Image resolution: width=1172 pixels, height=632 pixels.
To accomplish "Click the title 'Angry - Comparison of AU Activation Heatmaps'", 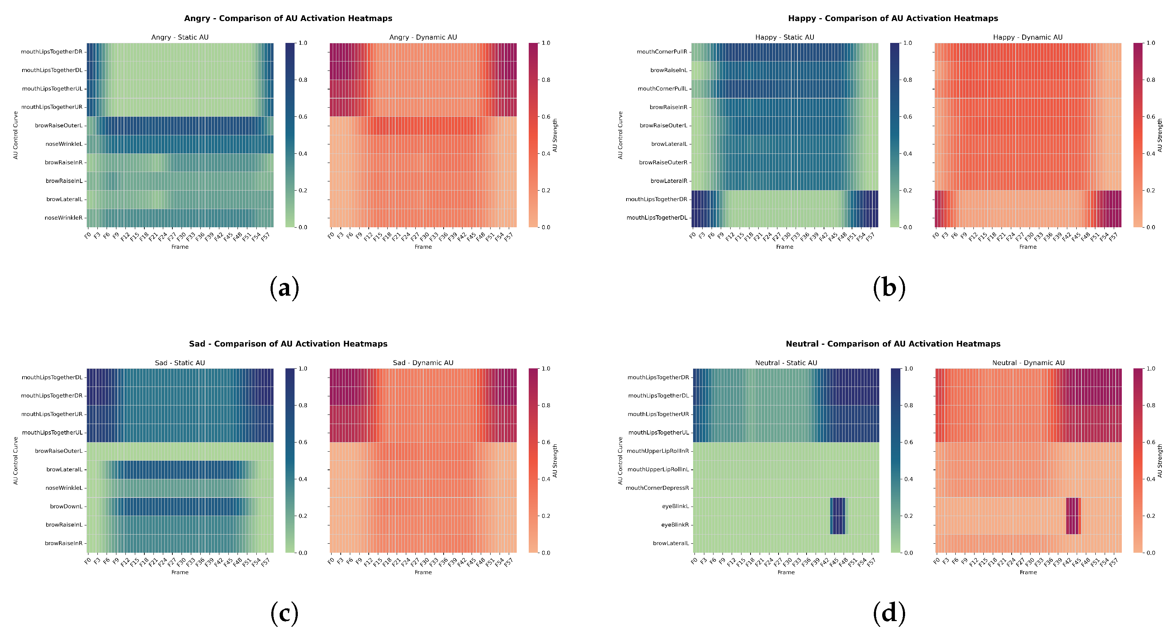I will pos(288,18).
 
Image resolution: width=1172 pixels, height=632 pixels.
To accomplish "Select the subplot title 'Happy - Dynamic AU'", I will pos(1027,37).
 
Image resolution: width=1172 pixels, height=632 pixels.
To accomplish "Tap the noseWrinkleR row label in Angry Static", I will pos(64,218).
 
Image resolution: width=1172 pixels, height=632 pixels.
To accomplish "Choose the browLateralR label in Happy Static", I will pos(668,181).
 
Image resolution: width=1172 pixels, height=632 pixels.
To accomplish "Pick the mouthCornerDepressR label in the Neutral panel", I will pos(657,488).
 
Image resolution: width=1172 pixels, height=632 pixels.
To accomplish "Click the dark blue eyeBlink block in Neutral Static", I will pos(837,516).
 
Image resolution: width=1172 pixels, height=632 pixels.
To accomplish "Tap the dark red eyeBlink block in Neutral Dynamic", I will pos(1072,516).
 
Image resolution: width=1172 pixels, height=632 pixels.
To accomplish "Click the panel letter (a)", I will pos(284,288).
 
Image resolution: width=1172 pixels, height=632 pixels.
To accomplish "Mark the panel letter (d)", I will pos(889,613).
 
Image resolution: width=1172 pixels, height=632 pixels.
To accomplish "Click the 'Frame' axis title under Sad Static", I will pos(180,572).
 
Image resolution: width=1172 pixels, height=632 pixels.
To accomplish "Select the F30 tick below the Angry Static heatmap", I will pos(181,237).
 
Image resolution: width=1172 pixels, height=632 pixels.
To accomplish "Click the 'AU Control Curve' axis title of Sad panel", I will pos(16,460).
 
